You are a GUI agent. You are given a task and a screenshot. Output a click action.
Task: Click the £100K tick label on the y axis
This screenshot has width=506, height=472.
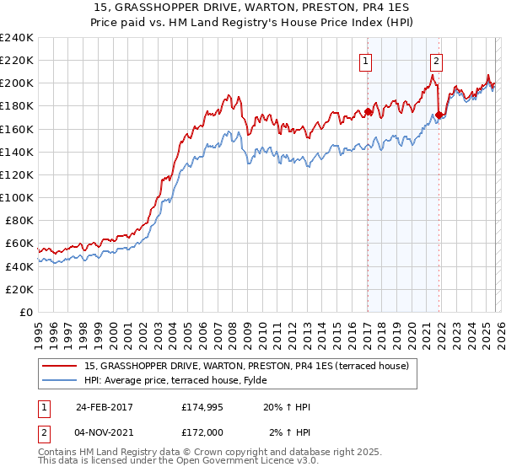pyautogui.click(x=16, y=197)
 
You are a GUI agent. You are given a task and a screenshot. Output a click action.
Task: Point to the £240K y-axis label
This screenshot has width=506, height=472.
pyautogui.click(x=16, y=38)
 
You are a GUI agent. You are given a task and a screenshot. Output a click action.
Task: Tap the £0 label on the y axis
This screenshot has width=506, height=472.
pyautogui.click(x=25, y=312)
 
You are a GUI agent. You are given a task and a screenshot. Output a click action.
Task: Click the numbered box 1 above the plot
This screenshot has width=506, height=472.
pyautogui.click(x=366, y=60)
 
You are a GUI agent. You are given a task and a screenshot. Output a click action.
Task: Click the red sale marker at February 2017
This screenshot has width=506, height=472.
pyautogui.click(x=368, y=111)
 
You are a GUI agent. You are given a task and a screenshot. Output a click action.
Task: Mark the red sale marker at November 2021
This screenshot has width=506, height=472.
pyautogui.click(x=439, y=115)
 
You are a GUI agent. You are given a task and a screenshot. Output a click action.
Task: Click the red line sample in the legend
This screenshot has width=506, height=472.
pyautogui.click(x=61, y=366)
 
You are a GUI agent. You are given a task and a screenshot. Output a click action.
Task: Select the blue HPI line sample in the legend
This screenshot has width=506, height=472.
pyautogui.click(x=61, y=380)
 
